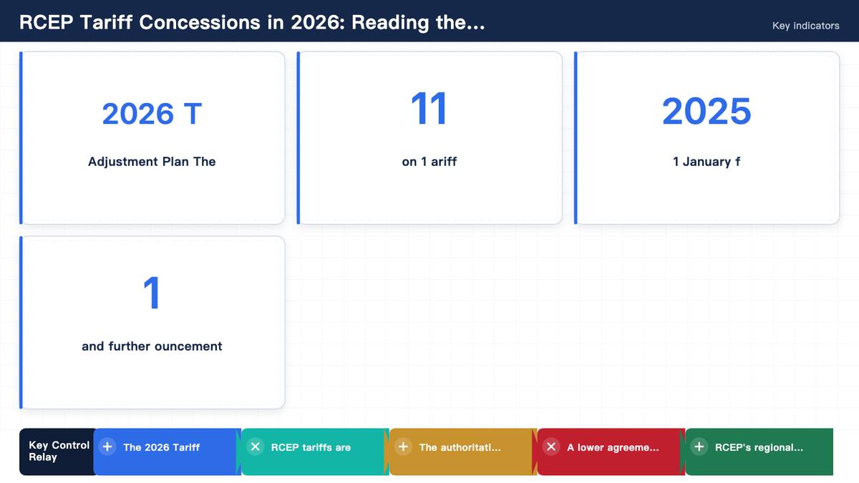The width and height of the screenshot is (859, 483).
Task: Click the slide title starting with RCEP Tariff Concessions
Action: point(252,22)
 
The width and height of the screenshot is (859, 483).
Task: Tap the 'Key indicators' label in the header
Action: point(806,26)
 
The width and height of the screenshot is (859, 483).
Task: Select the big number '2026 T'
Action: point(152,114)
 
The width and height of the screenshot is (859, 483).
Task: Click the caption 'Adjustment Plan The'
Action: point(152,162)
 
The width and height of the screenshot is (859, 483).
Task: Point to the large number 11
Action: point(429,109)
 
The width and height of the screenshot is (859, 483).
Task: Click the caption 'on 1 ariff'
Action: point(429,162)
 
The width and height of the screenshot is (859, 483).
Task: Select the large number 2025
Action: point(707,111)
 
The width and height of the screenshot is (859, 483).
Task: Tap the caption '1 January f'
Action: point(707,162)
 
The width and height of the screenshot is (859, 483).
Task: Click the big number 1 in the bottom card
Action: point(152,293)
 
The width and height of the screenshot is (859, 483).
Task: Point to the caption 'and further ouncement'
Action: point(152,346)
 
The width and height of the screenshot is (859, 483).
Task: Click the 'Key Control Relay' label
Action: point(59,452)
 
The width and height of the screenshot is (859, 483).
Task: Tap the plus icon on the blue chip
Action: point(107,447)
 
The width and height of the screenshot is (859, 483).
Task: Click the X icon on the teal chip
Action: point(255,447)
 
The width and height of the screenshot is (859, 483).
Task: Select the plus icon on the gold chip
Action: point(403,447)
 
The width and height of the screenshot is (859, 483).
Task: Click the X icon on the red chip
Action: point(551,447)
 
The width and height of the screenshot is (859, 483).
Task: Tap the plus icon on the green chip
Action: point(699,447)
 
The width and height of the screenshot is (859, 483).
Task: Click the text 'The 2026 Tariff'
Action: point(162,447)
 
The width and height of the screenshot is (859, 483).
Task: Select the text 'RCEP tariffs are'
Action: point(311,447)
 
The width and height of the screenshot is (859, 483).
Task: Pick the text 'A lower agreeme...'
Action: point(613,447)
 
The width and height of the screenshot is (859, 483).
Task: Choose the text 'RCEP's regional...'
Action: point(759,447)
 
